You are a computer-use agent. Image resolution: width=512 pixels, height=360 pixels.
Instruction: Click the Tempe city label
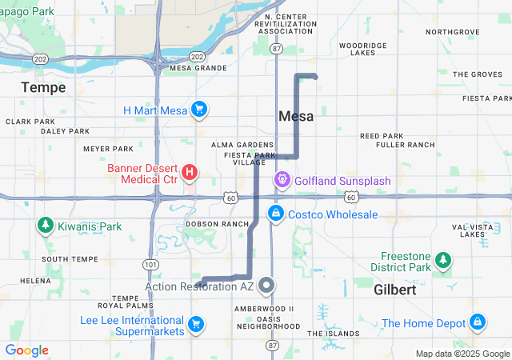(x=44, y=86)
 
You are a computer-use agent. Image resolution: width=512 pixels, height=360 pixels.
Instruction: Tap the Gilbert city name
(x=394, y=290)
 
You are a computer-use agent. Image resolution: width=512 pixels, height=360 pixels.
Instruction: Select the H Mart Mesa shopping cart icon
(x=199, y=110)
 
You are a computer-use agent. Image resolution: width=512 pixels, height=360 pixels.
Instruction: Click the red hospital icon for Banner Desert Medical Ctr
(x=190, y=172)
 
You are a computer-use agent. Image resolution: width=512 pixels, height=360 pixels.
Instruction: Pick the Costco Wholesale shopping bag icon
(x=275, y=214)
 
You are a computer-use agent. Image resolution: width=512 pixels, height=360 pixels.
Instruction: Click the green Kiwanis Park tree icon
(x=45, y=226)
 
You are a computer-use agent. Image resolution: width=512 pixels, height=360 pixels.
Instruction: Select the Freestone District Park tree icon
(x=442, y=260)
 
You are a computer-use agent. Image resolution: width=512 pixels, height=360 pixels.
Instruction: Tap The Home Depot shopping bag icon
(x=478, y=322)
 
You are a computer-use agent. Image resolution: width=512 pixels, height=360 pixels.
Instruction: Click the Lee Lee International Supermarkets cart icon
(x=195, y=324)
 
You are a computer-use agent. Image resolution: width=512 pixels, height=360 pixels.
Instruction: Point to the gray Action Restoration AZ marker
(x=266, y=286)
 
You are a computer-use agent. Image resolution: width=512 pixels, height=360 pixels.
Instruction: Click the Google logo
(x=26, y=350)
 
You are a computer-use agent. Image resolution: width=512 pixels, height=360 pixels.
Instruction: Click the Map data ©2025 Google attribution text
(x=462, y=354)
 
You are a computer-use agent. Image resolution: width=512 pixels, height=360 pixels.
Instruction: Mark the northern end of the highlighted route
(x=315, y=77)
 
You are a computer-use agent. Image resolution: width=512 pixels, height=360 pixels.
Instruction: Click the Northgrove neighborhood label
(x=453, y=32)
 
